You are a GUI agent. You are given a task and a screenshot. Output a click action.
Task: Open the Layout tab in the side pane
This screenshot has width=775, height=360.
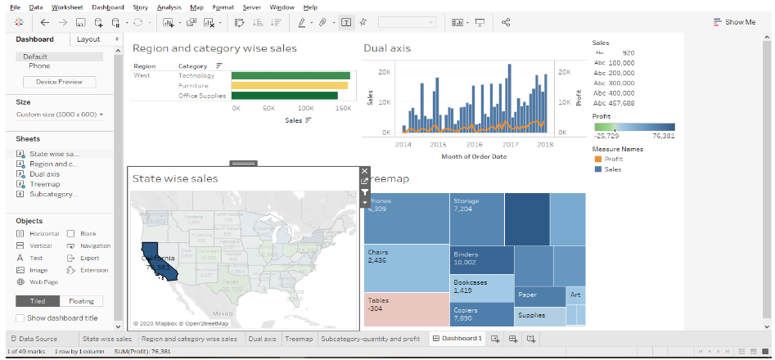88,39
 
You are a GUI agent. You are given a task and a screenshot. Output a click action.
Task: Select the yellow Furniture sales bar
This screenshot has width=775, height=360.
291,85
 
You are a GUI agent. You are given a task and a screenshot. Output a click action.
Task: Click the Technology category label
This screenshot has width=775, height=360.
196,75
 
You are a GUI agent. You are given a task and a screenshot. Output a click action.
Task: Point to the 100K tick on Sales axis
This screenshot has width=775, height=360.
306,108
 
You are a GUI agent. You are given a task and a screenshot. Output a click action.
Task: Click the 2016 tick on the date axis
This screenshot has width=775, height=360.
475,144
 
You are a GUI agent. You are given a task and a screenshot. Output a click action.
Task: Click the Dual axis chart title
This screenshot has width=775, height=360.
387,48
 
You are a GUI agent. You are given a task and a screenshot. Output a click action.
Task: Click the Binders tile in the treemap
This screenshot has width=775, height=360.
482,259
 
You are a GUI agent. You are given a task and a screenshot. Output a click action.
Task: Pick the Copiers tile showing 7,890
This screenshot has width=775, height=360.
482,314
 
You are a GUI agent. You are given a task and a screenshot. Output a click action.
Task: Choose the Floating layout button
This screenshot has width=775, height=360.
81,301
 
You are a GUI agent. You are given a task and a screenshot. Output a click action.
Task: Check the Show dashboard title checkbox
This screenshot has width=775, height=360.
20,318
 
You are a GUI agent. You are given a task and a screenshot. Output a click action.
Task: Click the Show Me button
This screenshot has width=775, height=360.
734,22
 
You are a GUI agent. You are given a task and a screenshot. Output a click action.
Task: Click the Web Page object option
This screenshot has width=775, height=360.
43,281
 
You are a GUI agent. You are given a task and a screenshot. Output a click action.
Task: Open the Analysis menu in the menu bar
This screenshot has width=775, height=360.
169,7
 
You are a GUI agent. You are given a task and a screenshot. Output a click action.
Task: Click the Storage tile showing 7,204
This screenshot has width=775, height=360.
476,217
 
